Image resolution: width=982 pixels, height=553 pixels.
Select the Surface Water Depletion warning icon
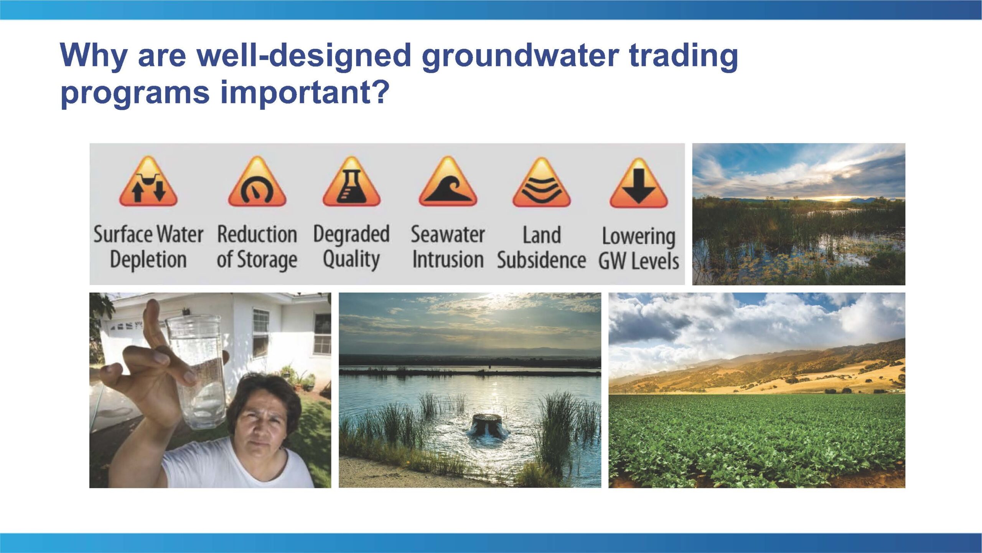tap(148, 182)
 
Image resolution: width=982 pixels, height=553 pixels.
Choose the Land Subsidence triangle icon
tap(542, 182)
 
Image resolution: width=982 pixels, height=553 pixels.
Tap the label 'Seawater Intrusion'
tap(448, 247)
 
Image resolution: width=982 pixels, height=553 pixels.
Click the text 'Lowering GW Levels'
tap(639, 248)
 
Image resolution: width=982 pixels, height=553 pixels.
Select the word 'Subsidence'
tap(542, 260)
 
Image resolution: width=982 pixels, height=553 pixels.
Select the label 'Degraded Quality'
tap(351, 247)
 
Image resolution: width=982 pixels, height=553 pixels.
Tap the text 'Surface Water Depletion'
tap(148, 247)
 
